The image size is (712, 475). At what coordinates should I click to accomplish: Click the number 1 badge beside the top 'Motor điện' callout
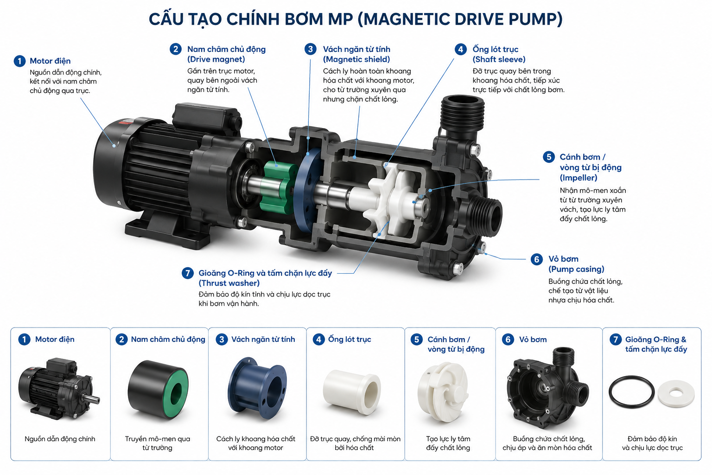coord(19,61)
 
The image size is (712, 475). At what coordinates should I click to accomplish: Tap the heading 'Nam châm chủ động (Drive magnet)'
coord(226,54)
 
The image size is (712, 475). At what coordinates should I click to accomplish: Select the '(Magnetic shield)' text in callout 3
coord(356,59)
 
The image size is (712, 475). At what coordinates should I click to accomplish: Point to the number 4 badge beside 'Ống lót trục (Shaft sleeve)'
coord(461,49)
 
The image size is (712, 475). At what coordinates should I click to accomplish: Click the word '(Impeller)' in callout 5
coord(578,178)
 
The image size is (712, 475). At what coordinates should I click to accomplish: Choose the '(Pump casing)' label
coord(576,269)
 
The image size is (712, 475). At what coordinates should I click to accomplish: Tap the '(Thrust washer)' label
coord(229,283)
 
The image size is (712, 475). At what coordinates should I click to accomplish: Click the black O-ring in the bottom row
coord(631,392)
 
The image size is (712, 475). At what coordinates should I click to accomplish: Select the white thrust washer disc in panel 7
coord(676,393)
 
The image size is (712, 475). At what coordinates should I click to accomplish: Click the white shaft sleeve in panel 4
coord(351,392)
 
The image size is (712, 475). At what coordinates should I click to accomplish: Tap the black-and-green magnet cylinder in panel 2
coord(158,389)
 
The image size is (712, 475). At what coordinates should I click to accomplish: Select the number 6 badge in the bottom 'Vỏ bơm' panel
coord(508,340)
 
